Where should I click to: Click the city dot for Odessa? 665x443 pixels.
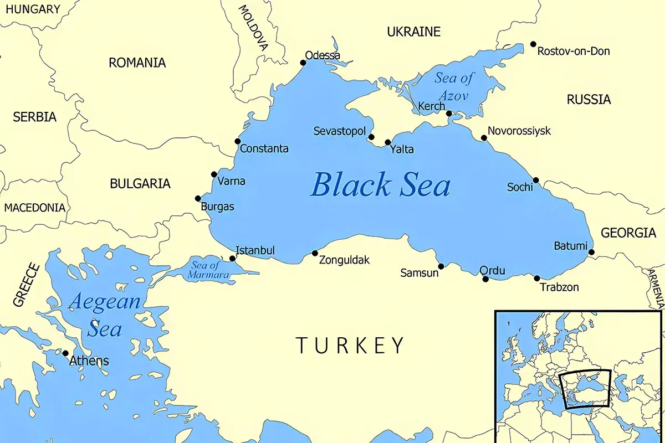[303, 63]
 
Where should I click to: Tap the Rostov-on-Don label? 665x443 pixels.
[574, 51]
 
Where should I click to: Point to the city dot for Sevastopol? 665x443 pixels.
[371, 137]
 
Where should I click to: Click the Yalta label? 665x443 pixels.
[402, 150]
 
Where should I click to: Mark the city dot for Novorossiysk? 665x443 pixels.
[484, 138]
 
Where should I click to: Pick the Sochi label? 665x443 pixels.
[520, 187]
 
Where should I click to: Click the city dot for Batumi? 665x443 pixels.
[591, 253]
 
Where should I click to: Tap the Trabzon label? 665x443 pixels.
[559, 287]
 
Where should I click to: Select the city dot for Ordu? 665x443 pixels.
[485, 279]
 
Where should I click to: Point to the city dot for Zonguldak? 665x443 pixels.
[315, 253]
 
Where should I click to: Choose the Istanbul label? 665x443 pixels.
[255, 250]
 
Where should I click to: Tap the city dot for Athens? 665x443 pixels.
[65, 353]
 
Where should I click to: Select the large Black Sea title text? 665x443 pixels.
[380, 184]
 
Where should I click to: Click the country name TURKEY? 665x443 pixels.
[350, 345]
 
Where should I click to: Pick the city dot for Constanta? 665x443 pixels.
[238, 141]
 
